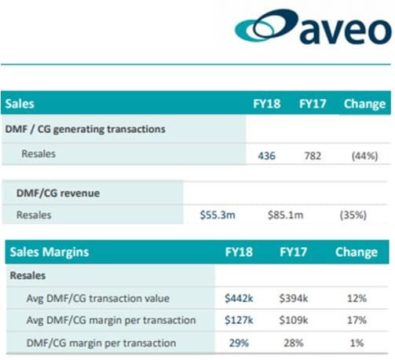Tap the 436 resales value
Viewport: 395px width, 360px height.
pyautogui.click(x=267, y=155)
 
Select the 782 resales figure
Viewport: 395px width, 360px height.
pyautogui.click(x=313, y=155)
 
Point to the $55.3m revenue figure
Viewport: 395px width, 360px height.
pyautogui.click(x=218, y=214)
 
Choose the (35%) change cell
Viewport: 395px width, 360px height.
pyautogui.click(x=353, y=214)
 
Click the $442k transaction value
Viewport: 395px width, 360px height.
pyautogui.click(x=239, y=298)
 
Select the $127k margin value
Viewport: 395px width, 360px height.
pyautogui.click(x=239, y=319)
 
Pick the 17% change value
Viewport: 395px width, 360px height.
pyautogui.click(x=356, y=319)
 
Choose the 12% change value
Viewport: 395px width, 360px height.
pyautogui.click(x=356, y=298)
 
